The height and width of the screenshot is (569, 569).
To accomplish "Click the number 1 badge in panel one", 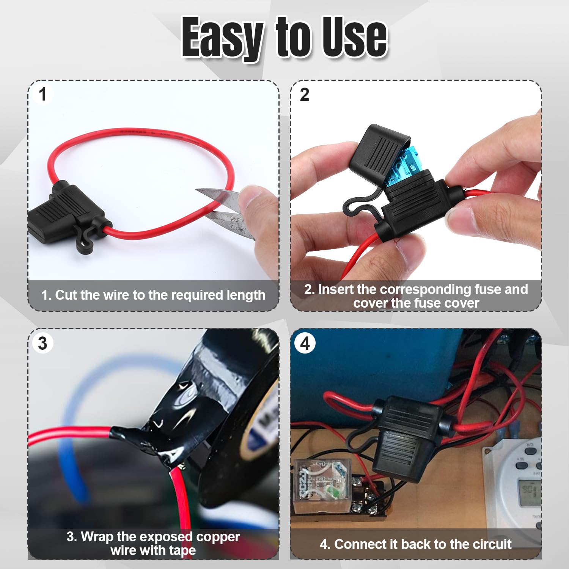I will [x=42, y=94].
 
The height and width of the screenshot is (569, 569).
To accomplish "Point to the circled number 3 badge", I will [x=42, y=343].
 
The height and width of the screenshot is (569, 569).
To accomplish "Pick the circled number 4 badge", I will [x=305, y=343].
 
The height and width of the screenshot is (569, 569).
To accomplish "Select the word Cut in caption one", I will [x=66, y=295].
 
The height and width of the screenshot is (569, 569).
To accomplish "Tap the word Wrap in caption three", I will [x=97, y=537].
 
